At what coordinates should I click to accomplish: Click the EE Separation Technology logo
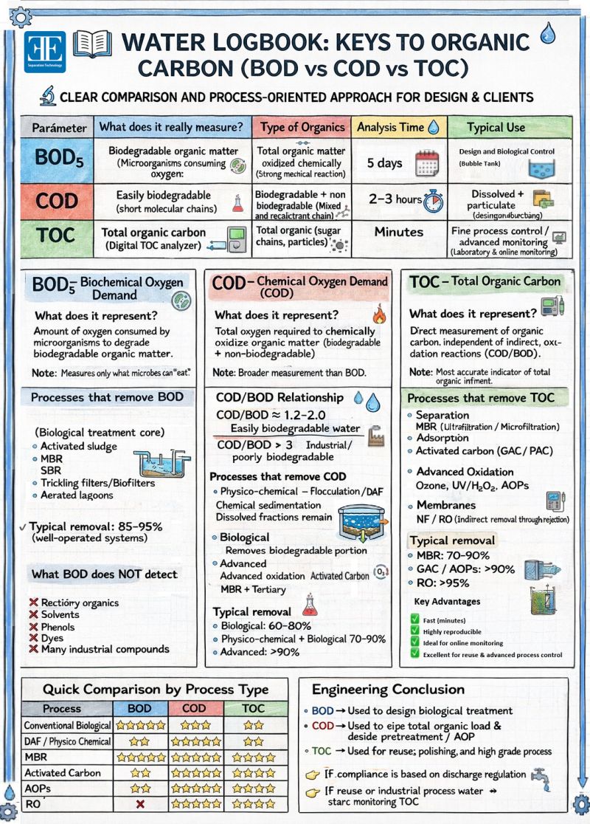click(x=45, y=50)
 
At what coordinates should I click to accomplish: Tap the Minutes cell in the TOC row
click(x=398, y=232)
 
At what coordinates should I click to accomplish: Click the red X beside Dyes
click(x=32, y=638)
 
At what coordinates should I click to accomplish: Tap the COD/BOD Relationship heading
click(x=280, y=397)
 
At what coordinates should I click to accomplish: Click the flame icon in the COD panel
click(x=380, y=315)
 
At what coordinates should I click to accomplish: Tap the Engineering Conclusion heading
click(x=388, y=690)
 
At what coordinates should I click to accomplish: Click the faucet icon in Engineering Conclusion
click(x=542, y=776)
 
